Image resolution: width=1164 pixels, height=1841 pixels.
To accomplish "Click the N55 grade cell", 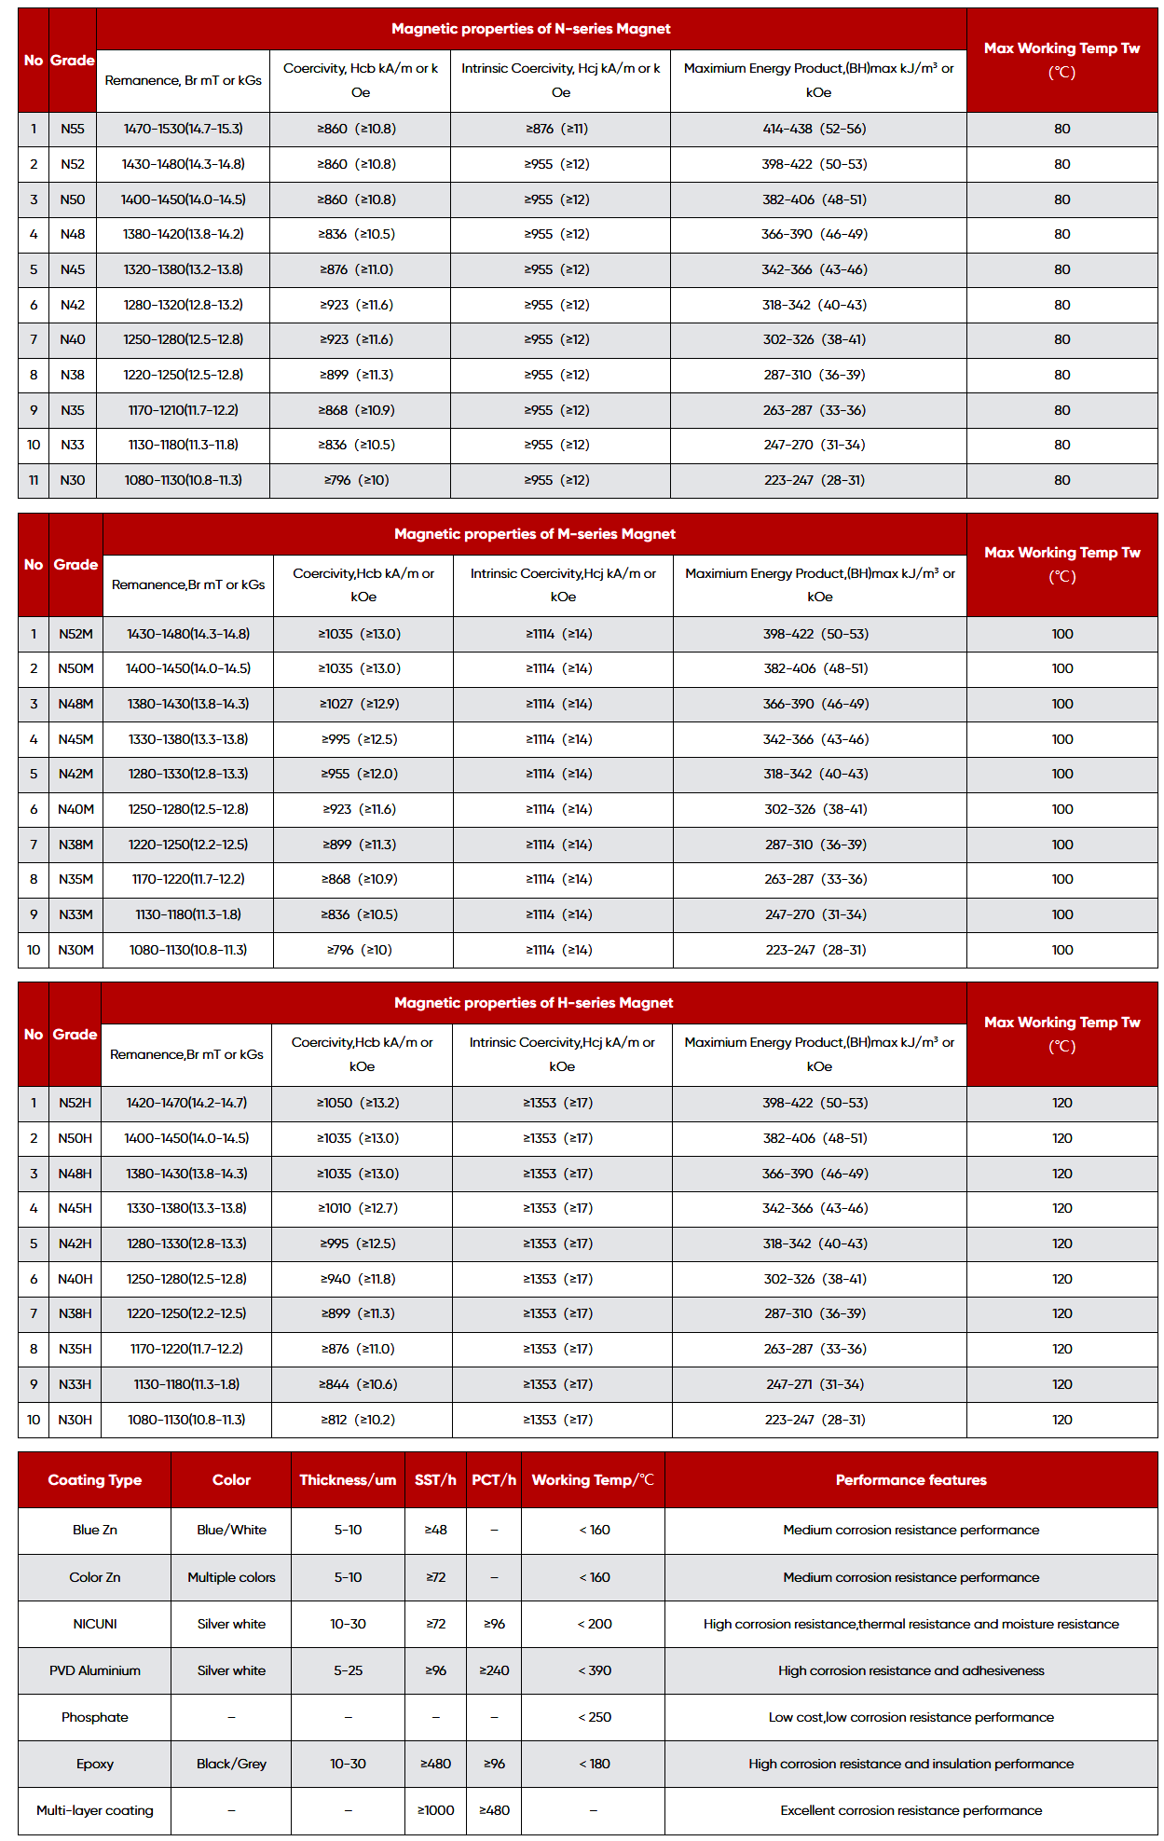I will pos(72,129).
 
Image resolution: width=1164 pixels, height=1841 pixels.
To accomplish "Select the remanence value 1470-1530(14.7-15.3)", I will pos(183,129).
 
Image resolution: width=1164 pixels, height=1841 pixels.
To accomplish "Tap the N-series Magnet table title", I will pos(530,29).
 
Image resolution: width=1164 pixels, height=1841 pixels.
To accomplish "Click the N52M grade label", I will pos(75,634).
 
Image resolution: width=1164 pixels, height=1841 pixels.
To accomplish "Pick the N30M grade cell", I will pos(75,950).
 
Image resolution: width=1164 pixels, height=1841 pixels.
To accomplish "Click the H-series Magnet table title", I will pos(533,1003).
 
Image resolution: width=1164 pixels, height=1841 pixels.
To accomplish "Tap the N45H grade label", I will pos(75,1208).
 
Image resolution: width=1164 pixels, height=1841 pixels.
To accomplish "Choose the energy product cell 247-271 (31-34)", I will pos(815,1384).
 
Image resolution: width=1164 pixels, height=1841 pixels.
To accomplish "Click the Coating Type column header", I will pos(95,1480).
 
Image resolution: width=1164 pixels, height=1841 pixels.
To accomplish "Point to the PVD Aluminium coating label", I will pos(95,1670).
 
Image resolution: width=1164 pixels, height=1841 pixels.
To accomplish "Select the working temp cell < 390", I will pos(594,1670).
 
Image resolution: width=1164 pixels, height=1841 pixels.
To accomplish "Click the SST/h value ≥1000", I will pos(435,1810).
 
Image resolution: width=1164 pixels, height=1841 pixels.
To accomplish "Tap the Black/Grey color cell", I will pos(231,1764).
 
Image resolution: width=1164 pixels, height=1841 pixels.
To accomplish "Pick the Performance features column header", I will pos(911,1480).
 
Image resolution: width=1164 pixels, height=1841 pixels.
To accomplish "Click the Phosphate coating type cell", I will pos(95,1717).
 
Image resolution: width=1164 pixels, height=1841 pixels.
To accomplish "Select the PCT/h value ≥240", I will pos(494,1670).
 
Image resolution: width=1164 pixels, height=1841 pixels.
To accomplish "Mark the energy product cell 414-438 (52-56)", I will pos(815,129).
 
